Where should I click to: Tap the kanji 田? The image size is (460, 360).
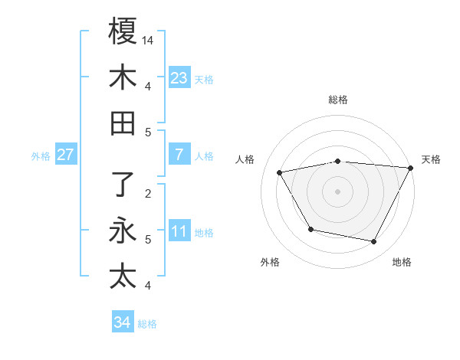pyautogui.click(x=123, y=123)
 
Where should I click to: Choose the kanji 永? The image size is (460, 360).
pyautogui.click(x=123, y=231)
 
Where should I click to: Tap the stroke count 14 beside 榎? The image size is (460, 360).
pyautogui.click(x=148, y=40)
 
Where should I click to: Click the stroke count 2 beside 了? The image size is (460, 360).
pyautogui.click(x=148, y=193)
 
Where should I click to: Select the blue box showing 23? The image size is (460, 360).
pyautogui.click(x=179, y=77)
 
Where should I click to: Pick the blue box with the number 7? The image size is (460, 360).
pyautogui.click(x=179, y=155)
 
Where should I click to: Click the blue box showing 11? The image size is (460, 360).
pyautogui.click(x=179, y=231)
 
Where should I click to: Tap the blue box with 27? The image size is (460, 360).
pyautogui.click(x=66, y=155)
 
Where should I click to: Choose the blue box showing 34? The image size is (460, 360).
pyautogui.click(x=122, y=322)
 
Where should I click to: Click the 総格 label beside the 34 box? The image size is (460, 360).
pyautogui.click(x=147, y=324)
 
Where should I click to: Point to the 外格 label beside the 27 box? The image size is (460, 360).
pyautogui.click(x=41, y=156)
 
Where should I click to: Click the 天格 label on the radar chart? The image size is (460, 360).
pyautogui.click(x=431, y=159)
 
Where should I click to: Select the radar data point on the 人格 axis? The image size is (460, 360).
pyautogui.click(x=280, y=173)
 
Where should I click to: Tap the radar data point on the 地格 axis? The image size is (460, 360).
pyautogui.click(x=374, y=242)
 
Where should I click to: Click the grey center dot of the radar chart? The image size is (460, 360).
pyautogui.click(x=337, y=191)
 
